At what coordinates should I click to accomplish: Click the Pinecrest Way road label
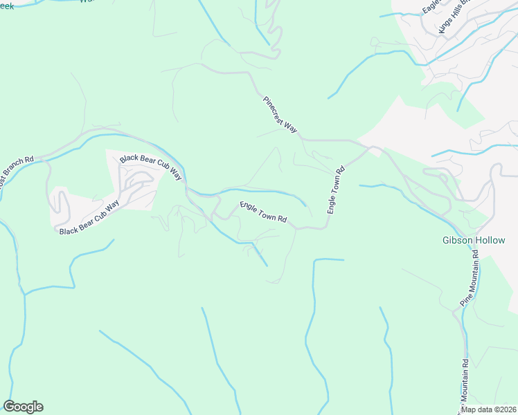pos(280,115)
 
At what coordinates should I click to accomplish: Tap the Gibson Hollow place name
pos(474,241)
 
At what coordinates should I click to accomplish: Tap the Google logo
pos(23,407)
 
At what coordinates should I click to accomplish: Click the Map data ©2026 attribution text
pos(488,409)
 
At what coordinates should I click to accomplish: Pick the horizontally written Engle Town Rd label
pos(263,212)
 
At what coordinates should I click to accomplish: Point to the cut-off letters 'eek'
pos(7,4)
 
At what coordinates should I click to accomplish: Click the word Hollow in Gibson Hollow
pos(491,241)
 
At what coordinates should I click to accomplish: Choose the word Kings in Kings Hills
pos(444,26)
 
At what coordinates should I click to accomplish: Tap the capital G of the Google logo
pos(9,407)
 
